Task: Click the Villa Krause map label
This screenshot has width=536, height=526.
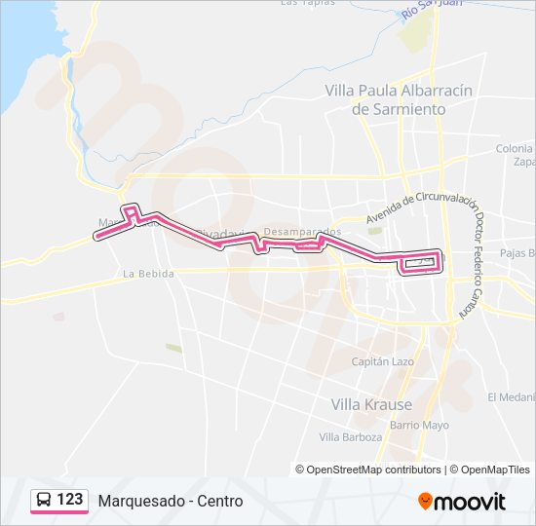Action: pyautogui.click(x=371, y=404)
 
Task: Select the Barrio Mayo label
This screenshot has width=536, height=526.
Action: pyautogui.click(x=419, y=425)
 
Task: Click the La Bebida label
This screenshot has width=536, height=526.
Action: pyautogui.click(x=148, y=275)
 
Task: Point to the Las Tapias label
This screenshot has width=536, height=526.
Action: pyautogui.click(x=308, y=3)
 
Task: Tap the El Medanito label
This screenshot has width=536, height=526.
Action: pyautogui.click(x=512, y=396)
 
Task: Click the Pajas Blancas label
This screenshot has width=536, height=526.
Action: pyautogui.click(x=517, y=253)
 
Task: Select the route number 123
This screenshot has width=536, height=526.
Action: pyautogui.click(x=70, y=500)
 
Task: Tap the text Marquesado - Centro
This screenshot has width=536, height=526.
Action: pyautogui.click(x=171, y=501)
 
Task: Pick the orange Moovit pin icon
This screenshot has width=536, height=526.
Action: pyautogui.click(x=425, y=502)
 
